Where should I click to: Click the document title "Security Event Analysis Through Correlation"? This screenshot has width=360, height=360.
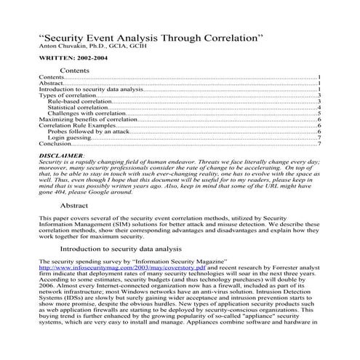[148, 36]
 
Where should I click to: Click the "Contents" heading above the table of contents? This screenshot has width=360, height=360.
[74, 71]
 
